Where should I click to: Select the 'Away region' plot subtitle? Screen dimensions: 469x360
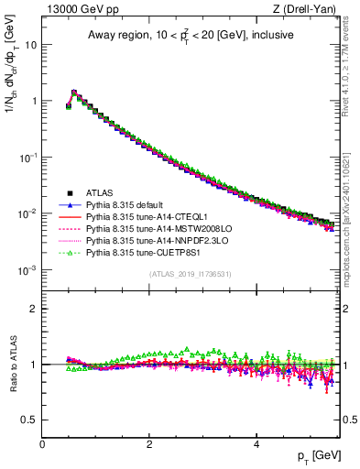pos(190,36)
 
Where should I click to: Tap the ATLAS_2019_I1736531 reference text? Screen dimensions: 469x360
pos(190,274)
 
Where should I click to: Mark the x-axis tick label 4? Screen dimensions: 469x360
pos(256,443)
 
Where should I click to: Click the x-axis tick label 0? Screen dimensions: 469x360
pos(42,443)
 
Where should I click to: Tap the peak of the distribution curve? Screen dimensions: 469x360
pos(73,92)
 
